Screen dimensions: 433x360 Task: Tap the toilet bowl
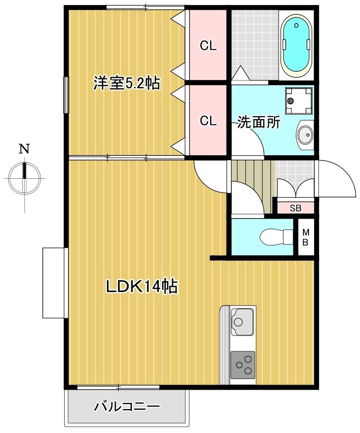272,237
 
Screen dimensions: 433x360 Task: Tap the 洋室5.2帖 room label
126,83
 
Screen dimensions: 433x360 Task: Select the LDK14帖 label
141,287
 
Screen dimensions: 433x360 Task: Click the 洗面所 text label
259,122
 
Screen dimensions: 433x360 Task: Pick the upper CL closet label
208,46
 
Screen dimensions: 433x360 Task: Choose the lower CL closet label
208,121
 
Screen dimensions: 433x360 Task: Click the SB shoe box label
295,208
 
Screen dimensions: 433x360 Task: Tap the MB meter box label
306,237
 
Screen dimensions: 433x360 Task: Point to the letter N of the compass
24,149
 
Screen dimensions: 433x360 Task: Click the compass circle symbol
24,178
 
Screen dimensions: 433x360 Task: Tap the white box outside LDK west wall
53,282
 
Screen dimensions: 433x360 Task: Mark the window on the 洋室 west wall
65,95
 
